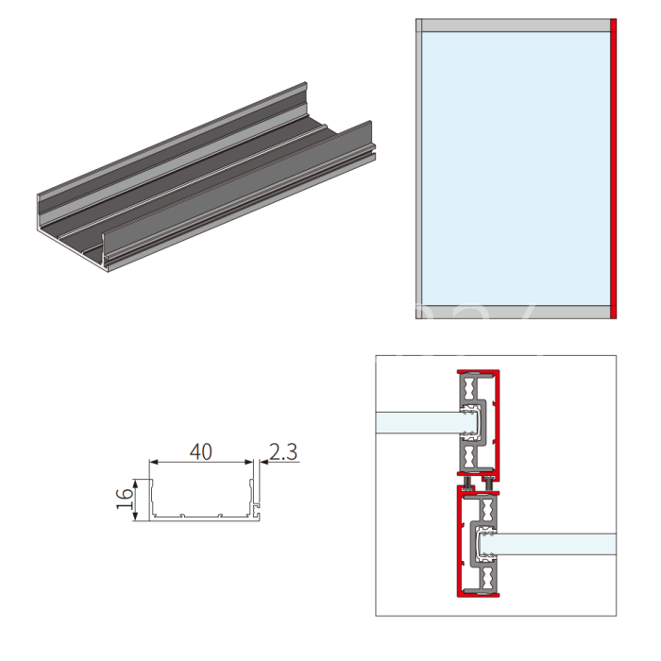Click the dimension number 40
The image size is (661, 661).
click(200, 451)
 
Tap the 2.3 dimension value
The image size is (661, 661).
click(283, 452)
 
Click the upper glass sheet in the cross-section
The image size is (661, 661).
click(415, 422)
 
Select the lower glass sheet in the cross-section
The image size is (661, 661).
click(557, 544)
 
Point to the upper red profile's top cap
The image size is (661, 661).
click(478, 369)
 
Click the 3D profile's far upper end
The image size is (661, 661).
click(304, 87)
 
